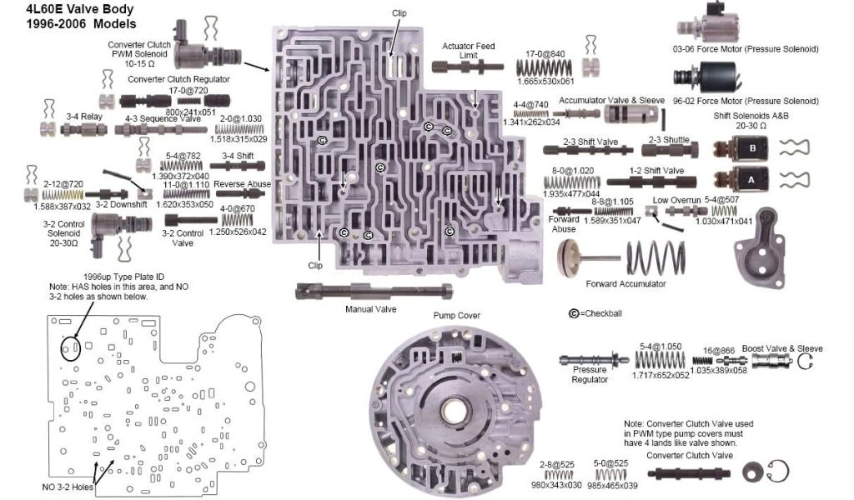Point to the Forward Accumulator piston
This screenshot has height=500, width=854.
pyautogui.click(x=583, y=256)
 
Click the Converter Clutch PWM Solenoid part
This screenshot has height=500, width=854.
pyautogui.click(x=192, y=36)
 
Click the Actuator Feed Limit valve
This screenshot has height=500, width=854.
pyautogui.click(x=467, y=67)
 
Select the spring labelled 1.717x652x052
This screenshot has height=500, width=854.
pyautogui.click(x=660, y=360)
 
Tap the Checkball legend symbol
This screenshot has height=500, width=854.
pyautogui.click(x=574, y=313)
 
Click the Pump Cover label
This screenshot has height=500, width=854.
pyautogui.click(x=455, y=316)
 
